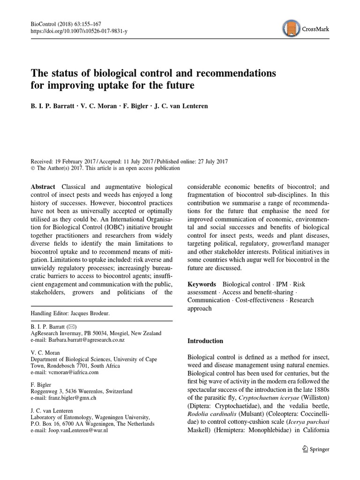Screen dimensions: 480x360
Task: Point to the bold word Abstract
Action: (43, 186)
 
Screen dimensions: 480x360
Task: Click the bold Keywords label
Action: (202, 284)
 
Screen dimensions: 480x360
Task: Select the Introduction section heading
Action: (205, 341)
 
